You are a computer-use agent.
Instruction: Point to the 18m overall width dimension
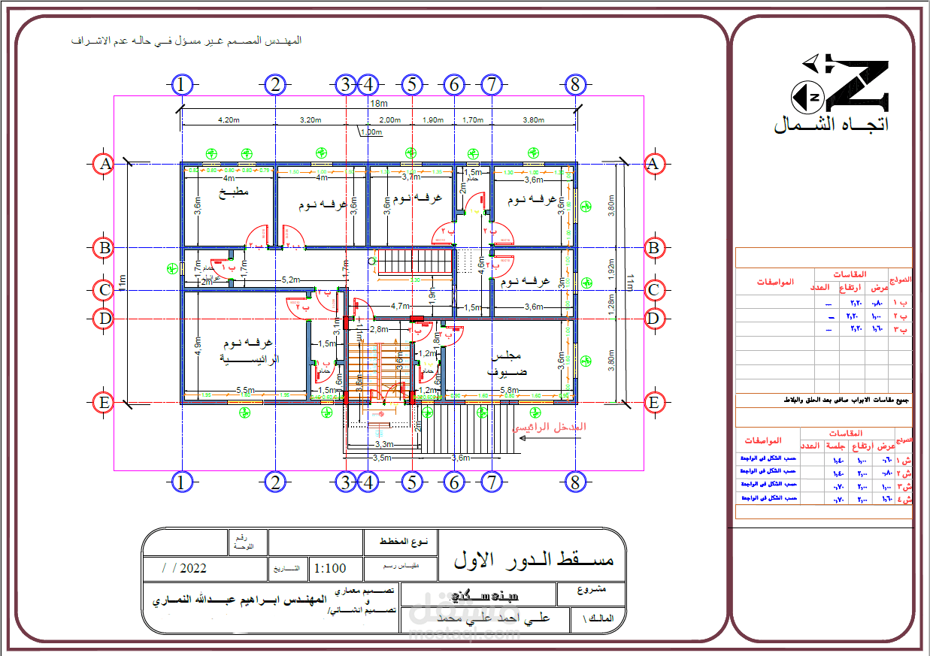coord(378,103)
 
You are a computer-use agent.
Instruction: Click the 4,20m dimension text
coord(229,119)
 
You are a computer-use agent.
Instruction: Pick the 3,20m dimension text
coord(311,119)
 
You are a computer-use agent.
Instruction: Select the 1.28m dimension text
coord(610,304)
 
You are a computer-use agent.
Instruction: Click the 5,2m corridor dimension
coord(289,279)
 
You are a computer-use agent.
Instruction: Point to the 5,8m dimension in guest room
coord(509,390)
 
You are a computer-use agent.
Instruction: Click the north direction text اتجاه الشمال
coord(831,125)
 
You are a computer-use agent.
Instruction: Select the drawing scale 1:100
coord(331,568)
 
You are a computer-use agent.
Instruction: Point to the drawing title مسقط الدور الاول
coord(534,560)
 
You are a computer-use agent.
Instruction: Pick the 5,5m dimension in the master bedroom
coord(245,390)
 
